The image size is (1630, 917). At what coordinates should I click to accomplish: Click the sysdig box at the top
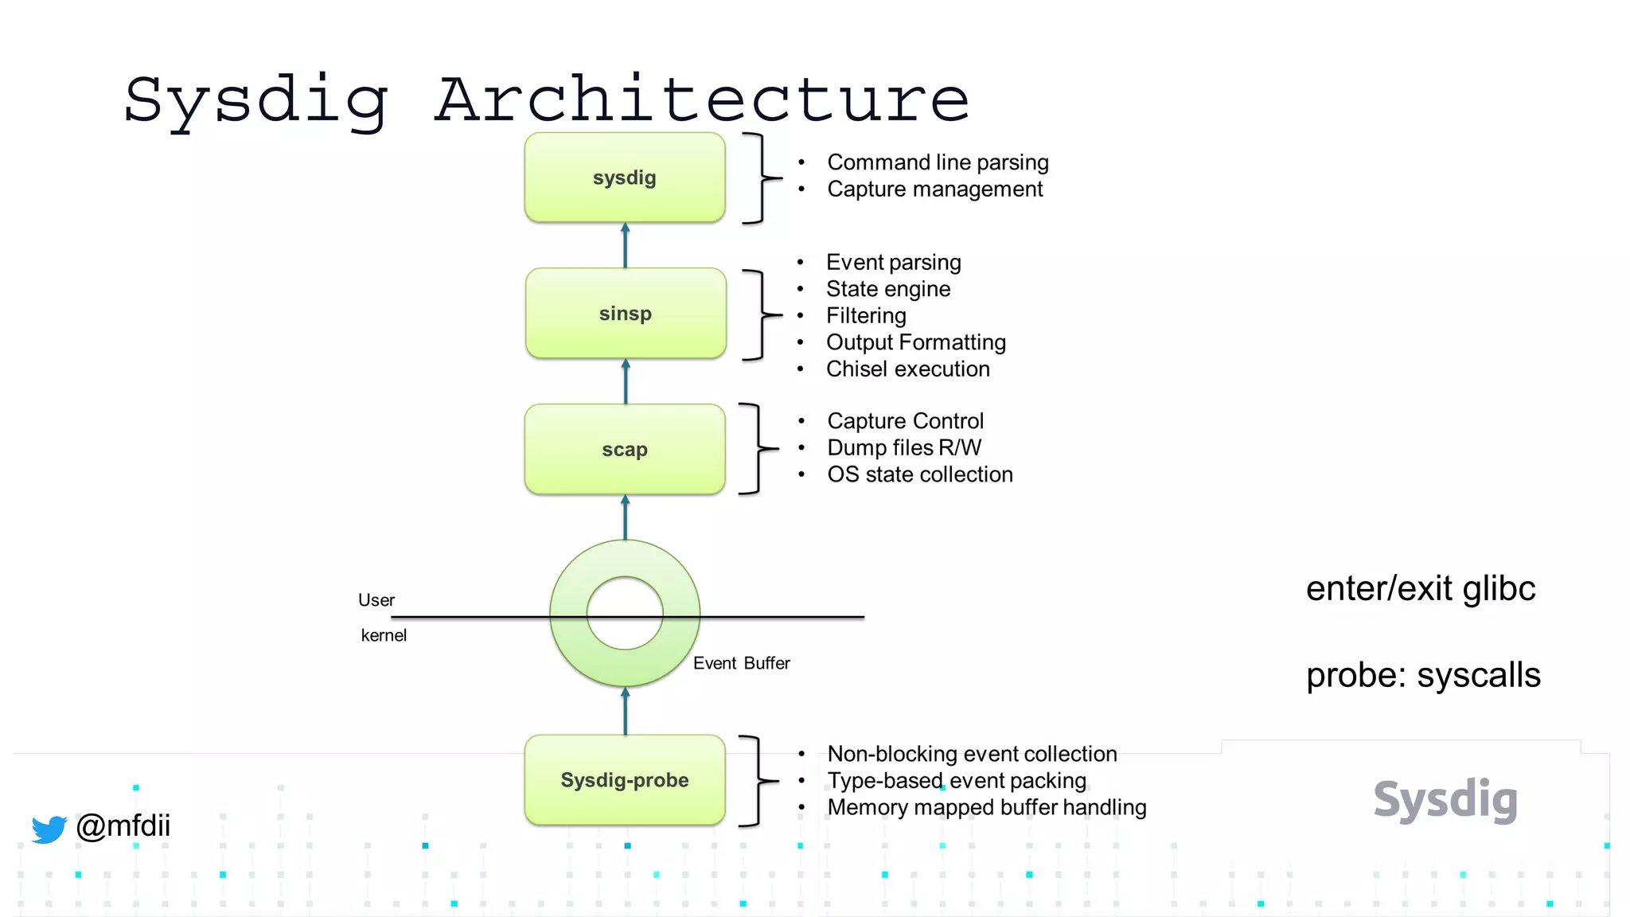tap(625, 178)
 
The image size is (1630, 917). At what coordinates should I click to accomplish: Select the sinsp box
tap(626, 314)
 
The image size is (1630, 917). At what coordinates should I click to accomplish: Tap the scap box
tap(625, 450)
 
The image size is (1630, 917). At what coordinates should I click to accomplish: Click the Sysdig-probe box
tap(625, 780)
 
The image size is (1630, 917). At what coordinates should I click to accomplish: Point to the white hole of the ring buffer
tap(625, 612)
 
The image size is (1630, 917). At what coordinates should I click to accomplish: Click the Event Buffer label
tap(741, 663)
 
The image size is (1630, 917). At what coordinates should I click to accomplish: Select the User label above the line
tap(376, 600)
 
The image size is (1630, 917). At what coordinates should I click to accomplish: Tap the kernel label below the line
tap(384, 635)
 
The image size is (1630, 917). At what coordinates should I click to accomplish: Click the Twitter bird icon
tap(49, 829)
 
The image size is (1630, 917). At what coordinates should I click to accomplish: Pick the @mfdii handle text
tap(123, 825)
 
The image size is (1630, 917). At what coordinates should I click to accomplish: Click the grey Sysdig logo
tap(1445, 800)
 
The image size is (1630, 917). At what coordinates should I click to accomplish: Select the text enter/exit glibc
tap(1421, 589)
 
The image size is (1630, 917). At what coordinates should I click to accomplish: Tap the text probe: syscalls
tap(1423, 676)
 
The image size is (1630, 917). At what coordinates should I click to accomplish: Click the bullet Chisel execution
tap(907, 369)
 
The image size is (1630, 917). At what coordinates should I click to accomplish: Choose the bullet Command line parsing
tap(938, 162)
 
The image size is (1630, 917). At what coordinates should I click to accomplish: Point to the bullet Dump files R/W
tap(904, 447)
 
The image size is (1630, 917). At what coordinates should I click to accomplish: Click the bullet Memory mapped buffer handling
tap(986, 807)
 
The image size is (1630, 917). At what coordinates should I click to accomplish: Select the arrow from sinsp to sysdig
tap(625, 246)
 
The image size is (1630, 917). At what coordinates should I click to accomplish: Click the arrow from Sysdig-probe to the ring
tap(625, 711)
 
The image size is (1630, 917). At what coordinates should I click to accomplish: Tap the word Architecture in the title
tap(702, 100)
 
